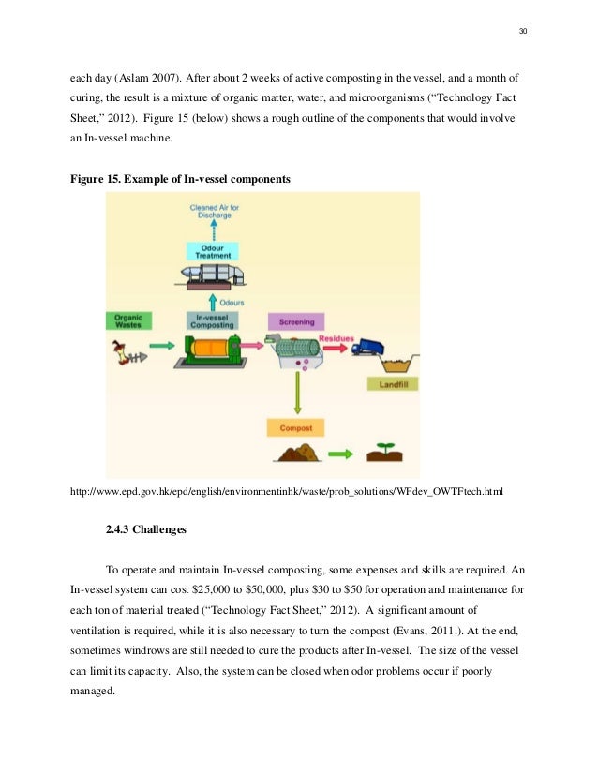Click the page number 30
pyautogui.click(x=523, y=32)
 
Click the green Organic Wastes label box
pyautogui.click(x=128, y=320)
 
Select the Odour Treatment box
pyautogui.click(x=212, y=250)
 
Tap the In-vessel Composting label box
pyautogui.click(x=212, y=320)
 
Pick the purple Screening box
pyautogui.click(x=296, y=321)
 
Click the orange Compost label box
pyautogui.click(x=296, y=429)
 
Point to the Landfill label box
pyautogui.click(x=392, y=384)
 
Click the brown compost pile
pyautogui.click(x=296, y=454)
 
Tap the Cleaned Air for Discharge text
pyautogui.click(x=212, y=211)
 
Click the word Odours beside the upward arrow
pyautogui.click(x=232, y=303)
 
